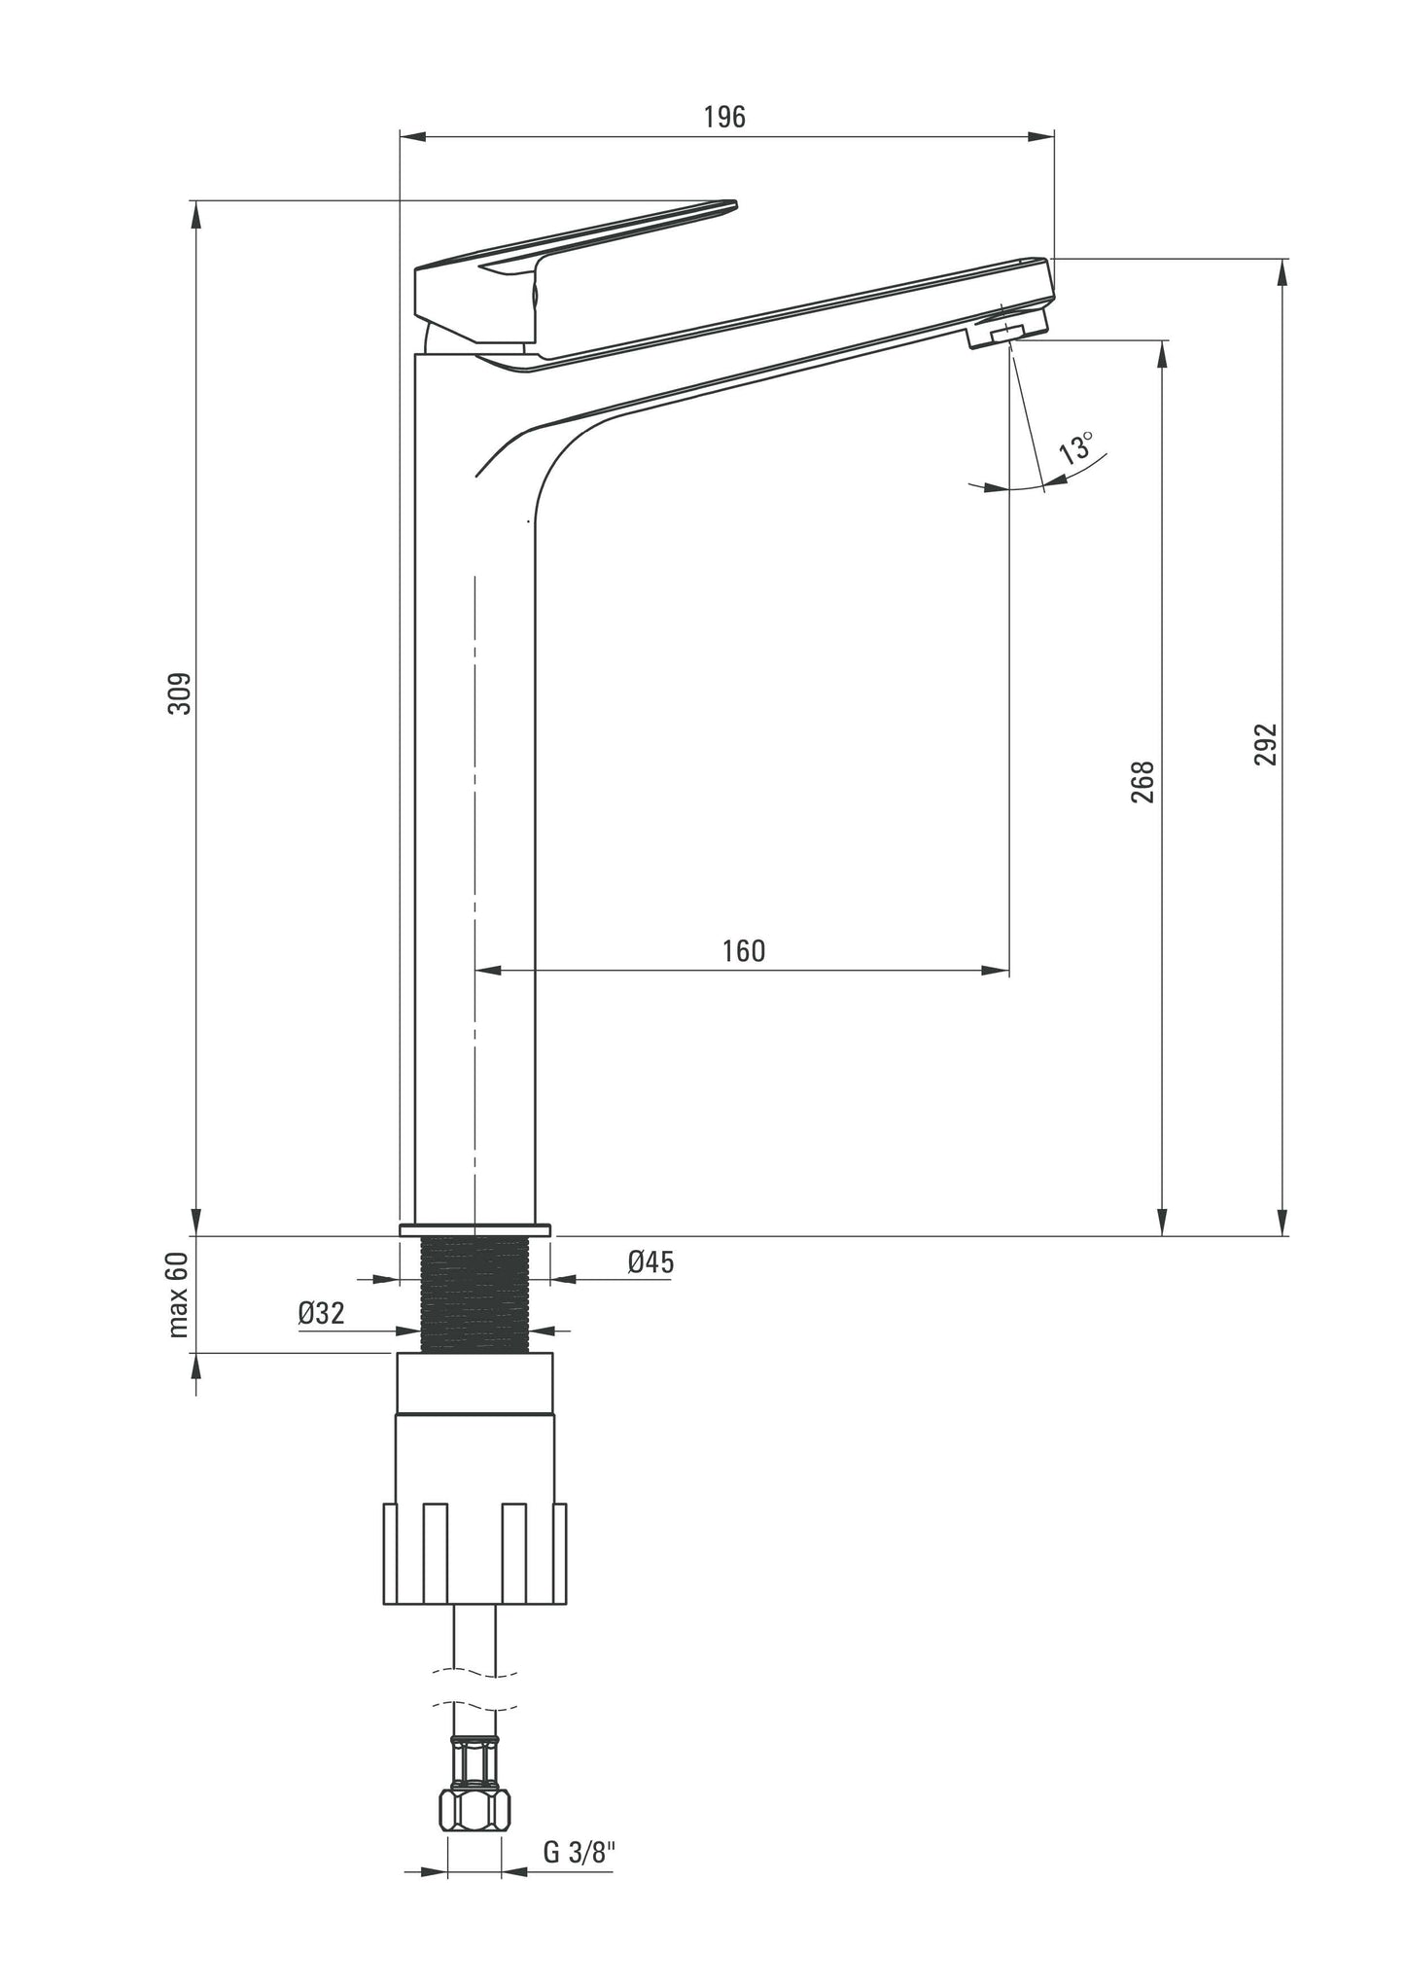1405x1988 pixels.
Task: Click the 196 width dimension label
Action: [x=724, y=117]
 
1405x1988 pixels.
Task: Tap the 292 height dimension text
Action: [x=1264, y=744]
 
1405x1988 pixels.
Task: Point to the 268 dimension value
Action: [x=1144, y=781]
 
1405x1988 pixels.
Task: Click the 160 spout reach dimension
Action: [x=744, y=950]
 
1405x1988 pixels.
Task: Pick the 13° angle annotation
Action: [x=1075, y=448]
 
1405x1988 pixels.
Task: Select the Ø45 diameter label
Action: [x=650, y=1262]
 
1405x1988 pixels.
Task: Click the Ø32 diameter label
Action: [x=321, y=1313]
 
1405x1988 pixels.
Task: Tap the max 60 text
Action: [x=178, y=1295]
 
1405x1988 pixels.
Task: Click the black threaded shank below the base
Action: [x=475, y=1295]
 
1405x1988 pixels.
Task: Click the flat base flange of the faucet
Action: [x=474, y=1230]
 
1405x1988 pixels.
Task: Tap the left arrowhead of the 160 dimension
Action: [x=487, y=971]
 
